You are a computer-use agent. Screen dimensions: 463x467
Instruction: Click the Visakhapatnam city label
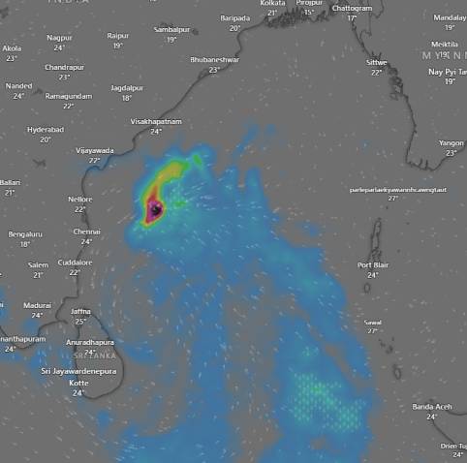(x=156, y=121)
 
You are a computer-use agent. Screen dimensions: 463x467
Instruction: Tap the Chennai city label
(x=86, y=231)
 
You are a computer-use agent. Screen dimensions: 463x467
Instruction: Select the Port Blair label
(x=373, y=264)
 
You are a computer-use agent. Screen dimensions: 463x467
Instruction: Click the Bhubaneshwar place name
(x=215, y=59)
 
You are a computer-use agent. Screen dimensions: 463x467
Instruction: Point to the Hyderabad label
(x=46, y=129)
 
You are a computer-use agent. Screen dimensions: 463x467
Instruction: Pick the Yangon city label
(x=451, y=142)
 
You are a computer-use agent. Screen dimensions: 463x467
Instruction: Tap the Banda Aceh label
(x=431, y=406)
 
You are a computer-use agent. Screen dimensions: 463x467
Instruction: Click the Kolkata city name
(x=273, y=4)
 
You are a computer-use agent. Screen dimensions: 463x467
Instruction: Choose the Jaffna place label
(x=81, y=311)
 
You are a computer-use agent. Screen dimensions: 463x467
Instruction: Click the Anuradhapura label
(x=89, y=342)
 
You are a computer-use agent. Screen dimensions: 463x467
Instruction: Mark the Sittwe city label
(x=376, y=61)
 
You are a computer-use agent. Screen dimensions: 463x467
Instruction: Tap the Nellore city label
(x=80, y=199)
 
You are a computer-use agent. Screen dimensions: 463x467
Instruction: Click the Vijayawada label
(x=95, y=150)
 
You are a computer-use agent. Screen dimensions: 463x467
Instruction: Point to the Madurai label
(x=37, y=304)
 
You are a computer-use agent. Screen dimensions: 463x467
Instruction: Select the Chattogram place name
(x=352, y=8)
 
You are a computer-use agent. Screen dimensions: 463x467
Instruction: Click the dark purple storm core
(x=154, y=208)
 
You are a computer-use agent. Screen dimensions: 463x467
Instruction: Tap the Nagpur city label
(x=59, y=37)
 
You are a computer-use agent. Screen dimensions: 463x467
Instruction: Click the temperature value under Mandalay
(x=450, y=27)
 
